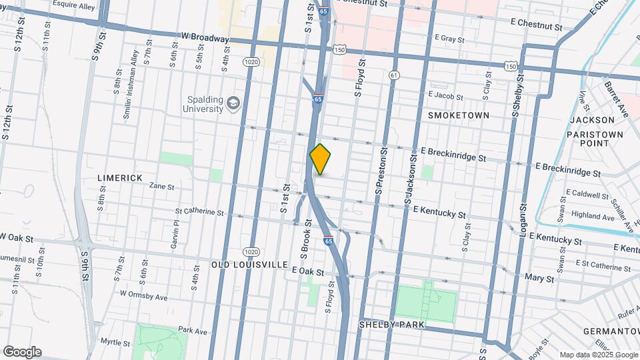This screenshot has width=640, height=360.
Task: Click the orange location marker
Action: [x=321, y=159]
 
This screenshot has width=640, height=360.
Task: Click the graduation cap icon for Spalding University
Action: [x=233, y=103]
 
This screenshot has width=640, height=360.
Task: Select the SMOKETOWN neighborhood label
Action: [x=459, y=115]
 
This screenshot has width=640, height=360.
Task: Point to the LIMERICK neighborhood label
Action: [x=120, y=178]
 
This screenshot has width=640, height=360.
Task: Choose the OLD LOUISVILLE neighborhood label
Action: [x=249, y=265]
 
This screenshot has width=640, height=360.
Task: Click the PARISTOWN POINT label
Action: [x=595, y=138]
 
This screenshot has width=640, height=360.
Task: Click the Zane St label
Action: [x=161, y=186]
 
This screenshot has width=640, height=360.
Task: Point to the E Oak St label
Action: [x=308, y=272]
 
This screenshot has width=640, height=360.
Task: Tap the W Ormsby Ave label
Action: [x=143, y=294]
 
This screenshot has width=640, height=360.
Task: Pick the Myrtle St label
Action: [x=115, y=342]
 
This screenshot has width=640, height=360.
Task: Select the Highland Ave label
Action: [x=593, y=217]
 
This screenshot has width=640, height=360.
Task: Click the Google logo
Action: [x=22, y=352]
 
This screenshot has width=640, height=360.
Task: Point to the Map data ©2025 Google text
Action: [x=598, y=355]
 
